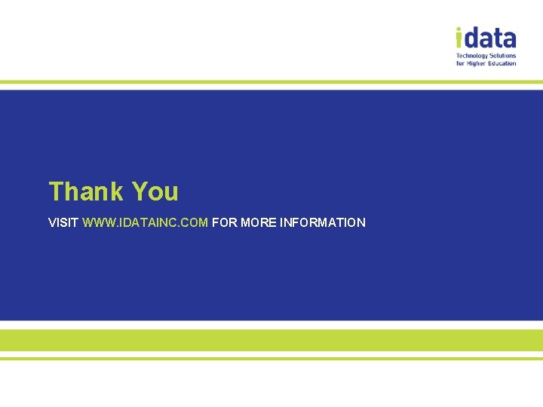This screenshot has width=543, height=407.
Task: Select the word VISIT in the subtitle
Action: point(63,222)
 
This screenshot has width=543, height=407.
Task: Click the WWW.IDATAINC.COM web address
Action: point(145,222)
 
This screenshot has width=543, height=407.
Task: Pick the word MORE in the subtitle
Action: point(258,222)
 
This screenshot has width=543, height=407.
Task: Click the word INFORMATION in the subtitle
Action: point(323,222)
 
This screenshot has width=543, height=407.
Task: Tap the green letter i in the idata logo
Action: point(459,38)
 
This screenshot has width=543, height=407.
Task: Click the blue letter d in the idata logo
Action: point(471,38)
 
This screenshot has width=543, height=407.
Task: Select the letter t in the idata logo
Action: point(497,38)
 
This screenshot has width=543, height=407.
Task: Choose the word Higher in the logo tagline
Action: point(477,63)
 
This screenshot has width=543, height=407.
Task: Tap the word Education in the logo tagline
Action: point(503,63)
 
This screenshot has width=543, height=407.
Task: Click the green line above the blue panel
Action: point(271,82)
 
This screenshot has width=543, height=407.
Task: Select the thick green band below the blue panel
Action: point(271,340)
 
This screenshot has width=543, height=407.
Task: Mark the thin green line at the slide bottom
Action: point(271,359)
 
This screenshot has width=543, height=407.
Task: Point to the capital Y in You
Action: point(140,191)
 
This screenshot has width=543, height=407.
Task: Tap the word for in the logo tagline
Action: point(460,63)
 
